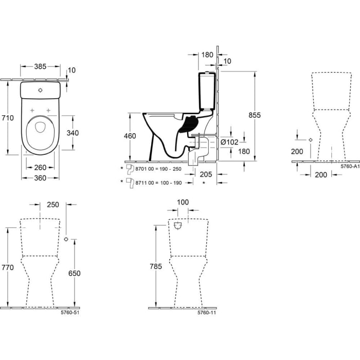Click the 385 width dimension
40,66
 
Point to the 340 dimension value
73,133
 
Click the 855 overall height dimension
254,115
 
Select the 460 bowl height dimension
131,136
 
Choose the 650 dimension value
75,274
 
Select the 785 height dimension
156,266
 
